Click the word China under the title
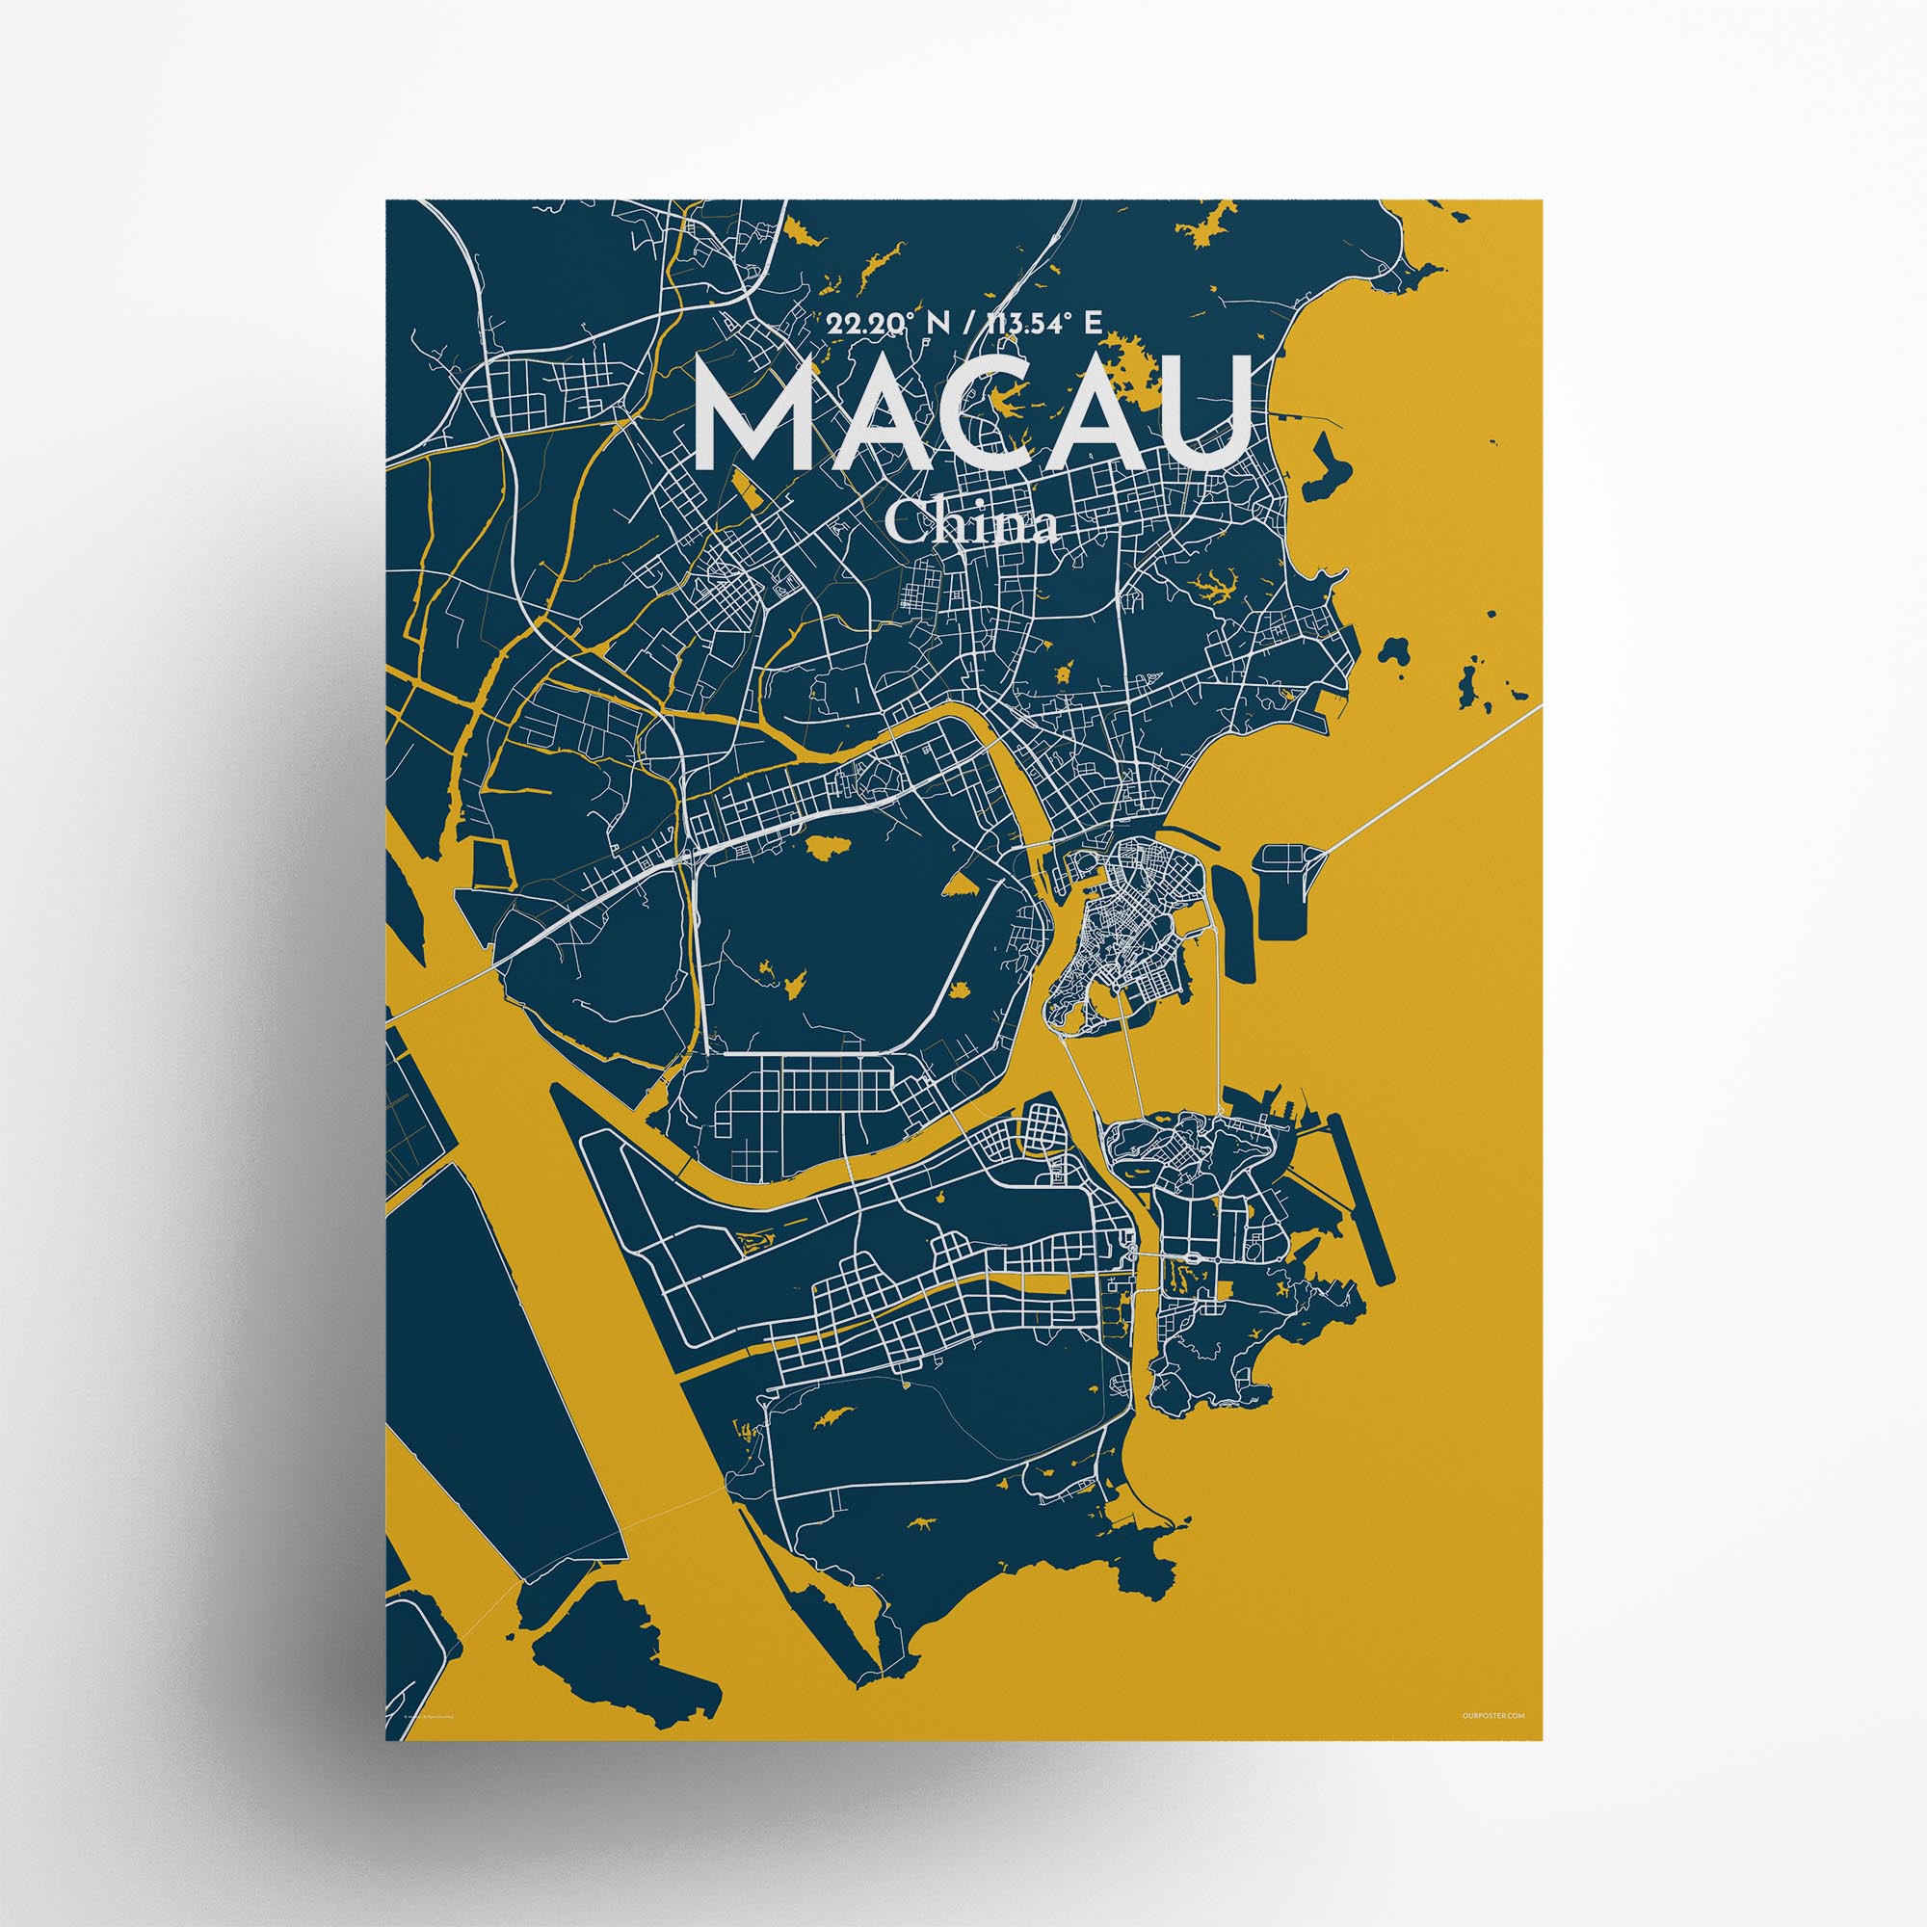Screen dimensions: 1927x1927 pos(971,522)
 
